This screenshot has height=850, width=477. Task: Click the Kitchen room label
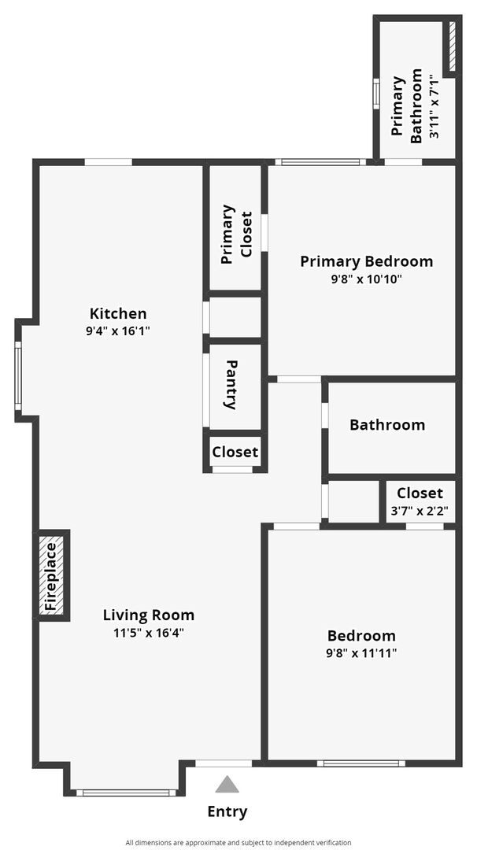tap(118, 313)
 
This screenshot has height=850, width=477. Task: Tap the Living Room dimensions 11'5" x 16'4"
tap(149, 632)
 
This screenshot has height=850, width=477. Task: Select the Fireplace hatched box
tap(53, 575)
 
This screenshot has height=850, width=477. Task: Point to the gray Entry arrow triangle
tap(227, 784)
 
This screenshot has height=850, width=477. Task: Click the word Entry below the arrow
tap(227, 811)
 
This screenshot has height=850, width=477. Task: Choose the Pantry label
tap(231, 385)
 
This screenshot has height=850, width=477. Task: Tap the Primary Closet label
tap(236, 235)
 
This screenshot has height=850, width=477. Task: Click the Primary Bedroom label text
tap(366, 261)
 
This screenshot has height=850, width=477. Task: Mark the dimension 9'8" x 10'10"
tap(366, 279)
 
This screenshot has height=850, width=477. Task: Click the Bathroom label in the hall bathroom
tap(387, 425)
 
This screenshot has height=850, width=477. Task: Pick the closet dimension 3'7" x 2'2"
tap(420, 510)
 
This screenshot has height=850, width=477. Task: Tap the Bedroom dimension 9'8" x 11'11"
tap(361, 653)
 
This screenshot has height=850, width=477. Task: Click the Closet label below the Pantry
tap(235, 452)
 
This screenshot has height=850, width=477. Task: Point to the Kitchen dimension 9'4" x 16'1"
tap(118, 331)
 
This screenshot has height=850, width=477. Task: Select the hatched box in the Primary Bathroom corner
tap(452, 46)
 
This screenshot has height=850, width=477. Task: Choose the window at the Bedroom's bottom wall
tap(361, 763)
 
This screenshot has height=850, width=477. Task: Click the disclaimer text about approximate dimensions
tap(238, 842)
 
